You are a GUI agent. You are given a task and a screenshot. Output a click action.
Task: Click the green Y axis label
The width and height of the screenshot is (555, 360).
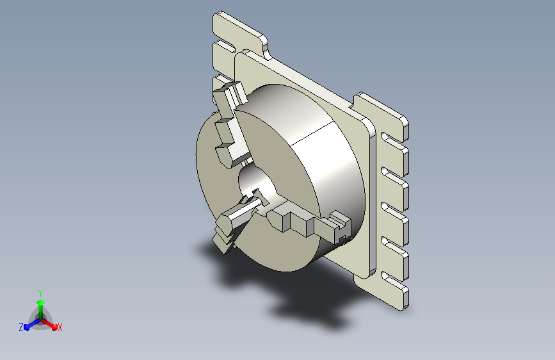[40, 293]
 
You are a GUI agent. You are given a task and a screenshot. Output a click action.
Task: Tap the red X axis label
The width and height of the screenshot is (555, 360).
[60, 328]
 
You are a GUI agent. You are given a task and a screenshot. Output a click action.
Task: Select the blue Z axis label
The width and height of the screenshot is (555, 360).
[21, 327]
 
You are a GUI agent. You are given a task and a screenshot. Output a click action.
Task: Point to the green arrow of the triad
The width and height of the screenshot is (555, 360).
[41, 309]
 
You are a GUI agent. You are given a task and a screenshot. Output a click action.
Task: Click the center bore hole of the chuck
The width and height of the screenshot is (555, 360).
[257, 185]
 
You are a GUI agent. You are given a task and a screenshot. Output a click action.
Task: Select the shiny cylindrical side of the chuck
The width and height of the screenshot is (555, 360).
[319, 160]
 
